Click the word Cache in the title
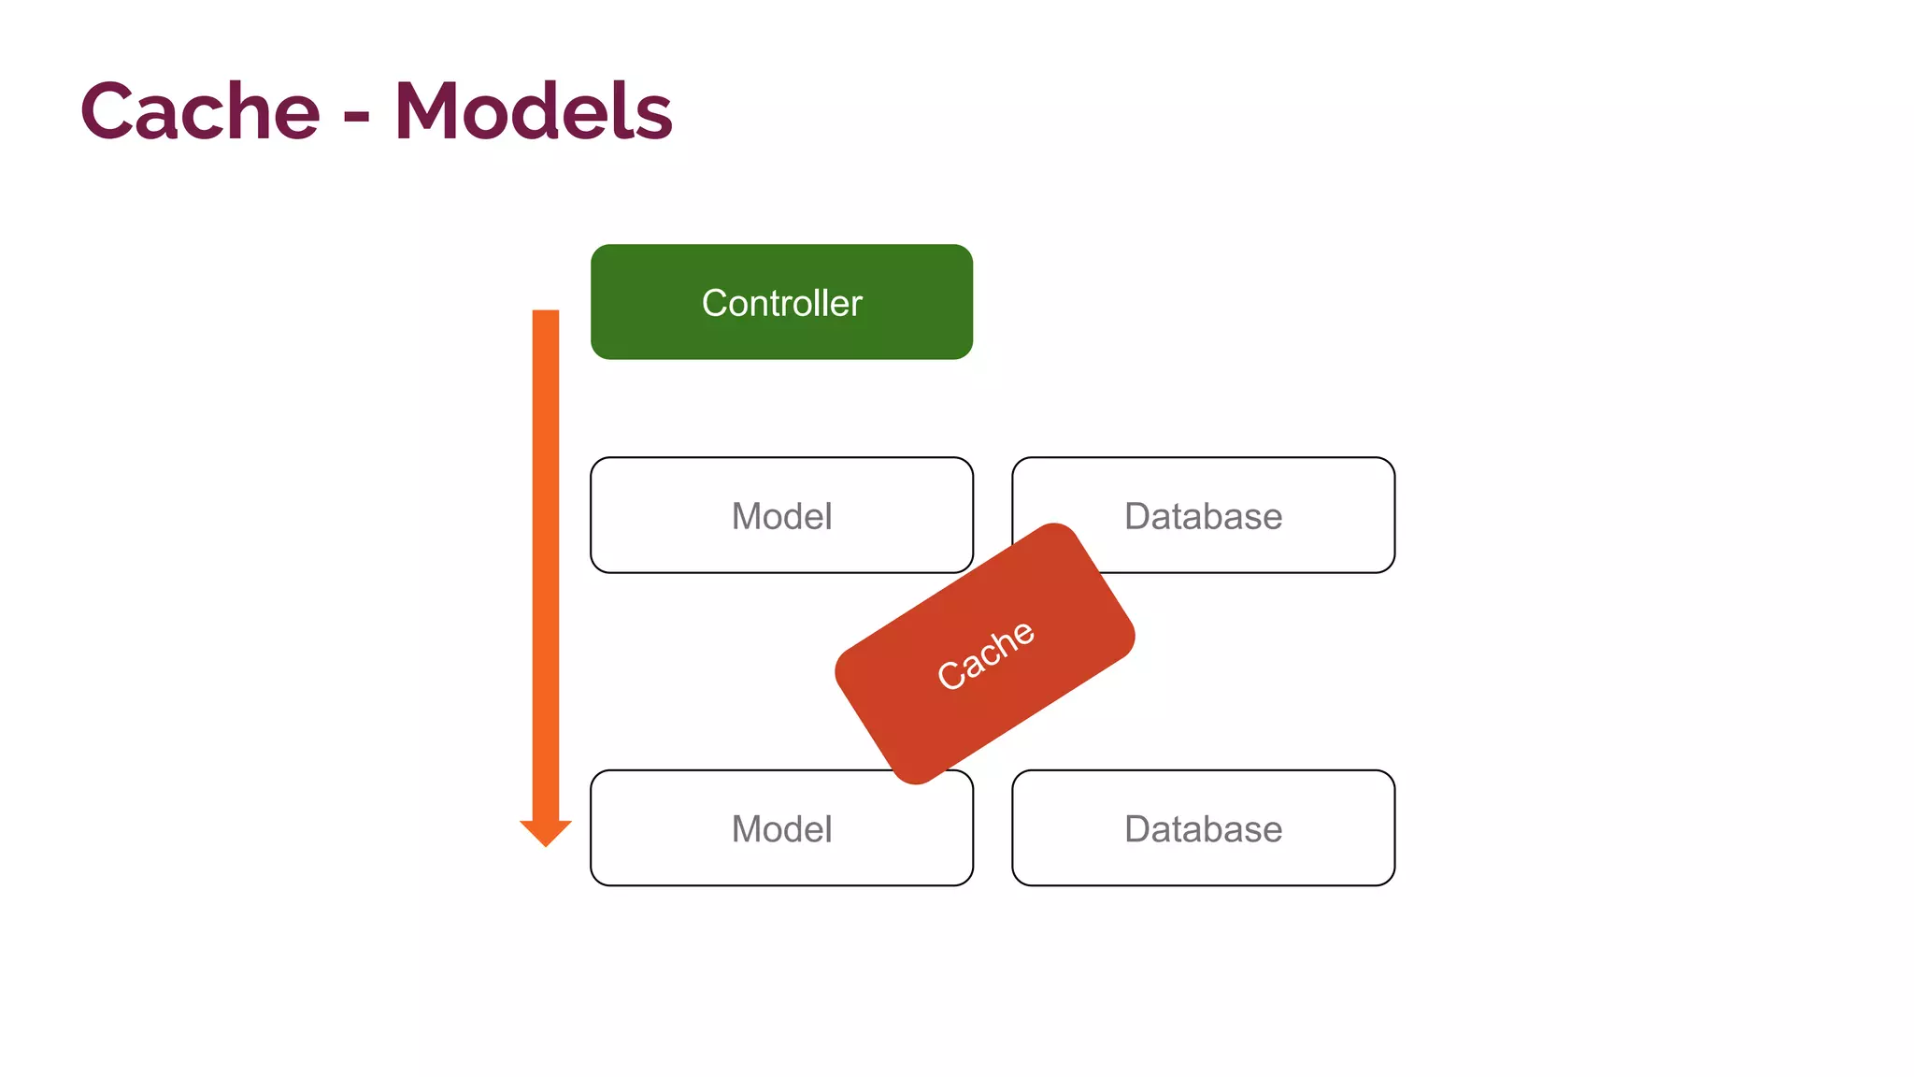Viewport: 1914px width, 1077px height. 200,111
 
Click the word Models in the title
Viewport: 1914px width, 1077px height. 533,111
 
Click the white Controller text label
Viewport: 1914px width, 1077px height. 781,303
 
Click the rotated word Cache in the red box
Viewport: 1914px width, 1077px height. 985,655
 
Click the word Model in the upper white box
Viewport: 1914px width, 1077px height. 781,516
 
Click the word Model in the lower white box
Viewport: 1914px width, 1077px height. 781,829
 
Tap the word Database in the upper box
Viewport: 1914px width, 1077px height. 1203,516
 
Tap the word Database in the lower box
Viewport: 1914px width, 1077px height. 1203,829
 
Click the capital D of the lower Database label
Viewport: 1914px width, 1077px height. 1138,829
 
